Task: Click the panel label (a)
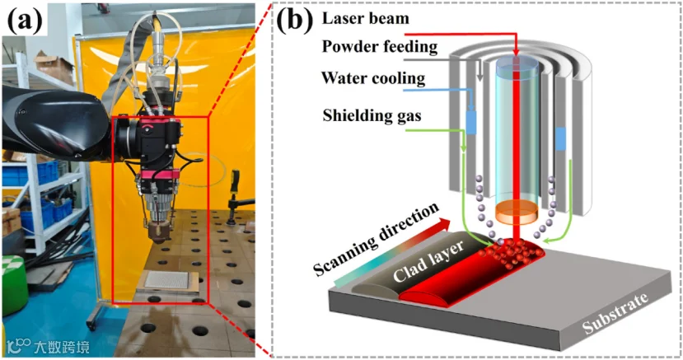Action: point(26,21)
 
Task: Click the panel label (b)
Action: point(295,20)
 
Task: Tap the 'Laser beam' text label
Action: point(366,18)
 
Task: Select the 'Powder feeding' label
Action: point(380,47)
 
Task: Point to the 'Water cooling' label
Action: point(373,78)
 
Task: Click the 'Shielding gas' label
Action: point(372,115)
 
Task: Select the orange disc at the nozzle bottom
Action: point(517,211)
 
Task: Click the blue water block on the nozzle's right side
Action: point(561,138)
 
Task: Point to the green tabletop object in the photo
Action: point(13,278)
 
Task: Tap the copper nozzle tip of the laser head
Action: point(157,234)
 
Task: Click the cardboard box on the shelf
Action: point(54,67)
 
